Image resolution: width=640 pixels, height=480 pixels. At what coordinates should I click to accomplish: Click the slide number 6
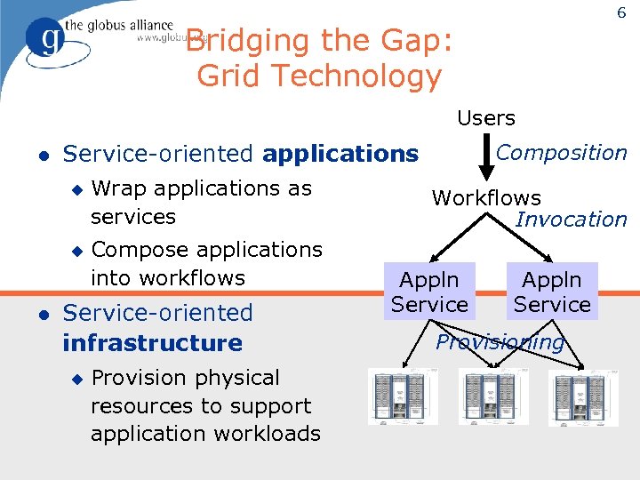pyautogui.click(x=620, y=13)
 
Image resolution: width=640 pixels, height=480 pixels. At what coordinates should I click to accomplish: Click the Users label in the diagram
pyautogui.click(x=486, y=118)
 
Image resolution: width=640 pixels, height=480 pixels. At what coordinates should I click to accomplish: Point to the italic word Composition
pyautogui.click(x=562, y=153)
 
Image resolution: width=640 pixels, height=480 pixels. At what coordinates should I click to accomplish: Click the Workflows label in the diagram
pyautogui.click(x=486, y=198)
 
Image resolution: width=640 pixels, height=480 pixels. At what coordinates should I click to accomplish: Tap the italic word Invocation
pyautogui.click(x=572, y=220)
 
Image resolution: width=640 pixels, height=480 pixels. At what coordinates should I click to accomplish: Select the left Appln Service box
pyautogui.click(x=429, y=292)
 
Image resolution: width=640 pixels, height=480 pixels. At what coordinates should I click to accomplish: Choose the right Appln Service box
pyautogui.click(x=552, y=292)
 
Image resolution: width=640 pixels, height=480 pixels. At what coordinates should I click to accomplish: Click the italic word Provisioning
pyautogui.click(x=500, y=342)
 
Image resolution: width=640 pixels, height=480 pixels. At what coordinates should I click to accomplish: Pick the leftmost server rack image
pyautogui.click(x=403, y=397)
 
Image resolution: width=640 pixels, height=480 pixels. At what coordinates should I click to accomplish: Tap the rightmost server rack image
pyautogui.click(x=580, y=397)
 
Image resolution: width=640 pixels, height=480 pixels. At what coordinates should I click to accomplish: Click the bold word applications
pyautogui.click(x=340, y=155)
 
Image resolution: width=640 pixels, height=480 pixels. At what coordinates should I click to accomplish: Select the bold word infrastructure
pyautogui.click(x=152, y=343)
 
